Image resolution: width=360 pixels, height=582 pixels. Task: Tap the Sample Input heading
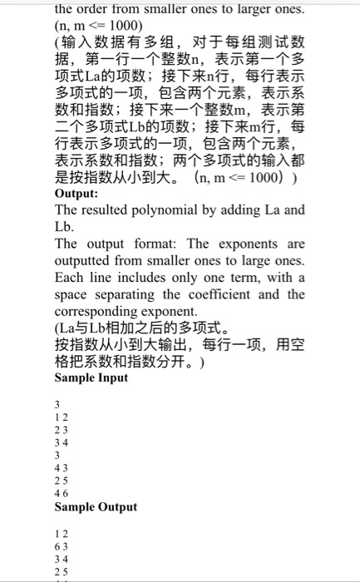click(91, 377)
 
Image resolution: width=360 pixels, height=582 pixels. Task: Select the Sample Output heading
click(96, 506)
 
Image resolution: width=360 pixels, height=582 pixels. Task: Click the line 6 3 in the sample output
click(60, 546)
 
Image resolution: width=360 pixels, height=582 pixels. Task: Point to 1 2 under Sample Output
click(60, 533)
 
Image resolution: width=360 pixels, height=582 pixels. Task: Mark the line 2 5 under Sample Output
click(60, 572)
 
